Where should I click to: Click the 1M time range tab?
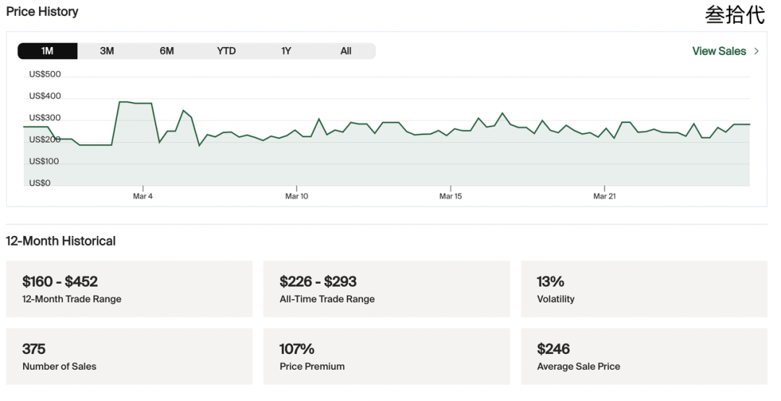[47, 51]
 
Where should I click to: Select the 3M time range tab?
[107, 51]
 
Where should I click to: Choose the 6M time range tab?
[167, 51]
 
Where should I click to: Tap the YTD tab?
[226, 51]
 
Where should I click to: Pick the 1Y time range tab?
[286, 51]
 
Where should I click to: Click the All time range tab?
[346, 51]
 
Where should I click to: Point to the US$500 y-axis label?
[45, 75]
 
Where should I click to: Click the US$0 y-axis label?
[40, 183]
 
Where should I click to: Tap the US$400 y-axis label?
[45, 96]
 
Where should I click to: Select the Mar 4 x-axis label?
[143, 196]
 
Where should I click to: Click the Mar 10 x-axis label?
[297, 196]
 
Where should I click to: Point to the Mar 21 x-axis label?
[605, 196]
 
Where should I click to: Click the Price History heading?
[43, 12]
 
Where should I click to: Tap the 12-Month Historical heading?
[61, 241]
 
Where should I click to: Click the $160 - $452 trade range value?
[60, 282]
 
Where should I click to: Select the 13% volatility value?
[550, 282]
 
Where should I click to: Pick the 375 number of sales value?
[34, 349]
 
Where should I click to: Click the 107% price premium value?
[297, 349]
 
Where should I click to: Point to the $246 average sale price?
[553, 349]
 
